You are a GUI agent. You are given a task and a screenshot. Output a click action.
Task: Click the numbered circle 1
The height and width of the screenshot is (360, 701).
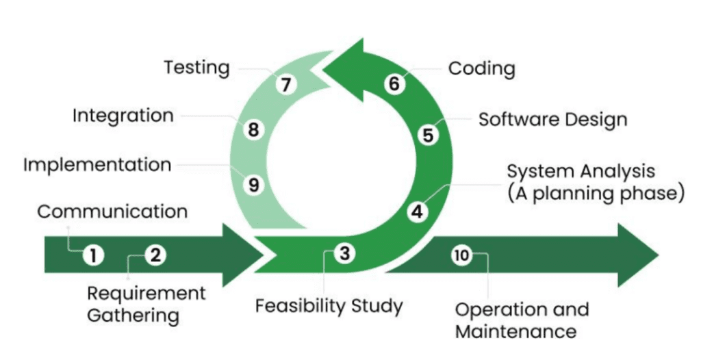[x=93, y=256]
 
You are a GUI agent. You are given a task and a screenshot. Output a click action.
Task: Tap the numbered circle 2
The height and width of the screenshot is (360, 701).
[x=155, y=255]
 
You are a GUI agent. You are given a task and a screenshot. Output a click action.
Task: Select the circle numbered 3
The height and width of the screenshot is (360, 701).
[x=345, y=253]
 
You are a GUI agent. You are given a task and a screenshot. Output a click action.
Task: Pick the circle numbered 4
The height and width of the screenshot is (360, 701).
[x=418, y=211]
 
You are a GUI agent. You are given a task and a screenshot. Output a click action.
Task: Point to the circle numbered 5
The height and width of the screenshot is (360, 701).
[x=428, y=135]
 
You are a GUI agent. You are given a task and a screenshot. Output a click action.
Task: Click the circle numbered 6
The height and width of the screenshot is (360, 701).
[x=394, y=83]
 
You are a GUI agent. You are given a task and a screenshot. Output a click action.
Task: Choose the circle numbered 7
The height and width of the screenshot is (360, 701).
[x=286, y=84]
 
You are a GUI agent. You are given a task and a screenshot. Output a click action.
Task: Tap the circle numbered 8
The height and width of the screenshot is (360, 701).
[x=253, y=130]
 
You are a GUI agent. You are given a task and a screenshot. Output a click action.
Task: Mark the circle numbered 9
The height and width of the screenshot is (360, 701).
[x=253, y=185]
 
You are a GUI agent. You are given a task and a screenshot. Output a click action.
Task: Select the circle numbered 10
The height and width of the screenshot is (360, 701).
[x=461, y=255]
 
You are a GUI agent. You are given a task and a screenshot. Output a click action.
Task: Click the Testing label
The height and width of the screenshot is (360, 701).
[x=196, y=68]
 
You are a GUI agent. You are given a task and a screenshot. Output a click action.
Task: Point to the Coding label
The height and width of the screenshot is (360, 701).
[x=481, y=69]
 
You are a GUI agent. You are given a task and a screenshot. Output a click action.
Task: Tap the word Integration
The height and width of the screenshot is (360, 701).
[x=123, y=116]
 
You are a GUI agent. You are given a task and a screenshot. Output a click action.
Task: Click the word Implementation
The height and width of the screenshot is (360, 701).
[x=97, y=165]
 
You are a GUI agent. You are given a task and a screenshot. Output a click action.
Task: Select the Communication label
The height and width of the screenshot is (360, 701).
[x=112, y=211]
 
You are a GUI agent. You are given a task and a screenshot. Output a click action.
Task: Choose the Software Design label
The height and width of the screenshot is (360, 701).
[x=552, y=119]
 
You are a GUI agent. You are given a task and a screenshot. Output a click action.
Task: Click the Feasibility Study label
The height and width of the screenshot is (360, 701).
[x=329, y=307]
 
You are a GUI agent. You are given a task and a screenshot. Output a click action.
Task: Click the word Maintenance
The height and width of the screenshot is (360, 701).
[x=515, y=332]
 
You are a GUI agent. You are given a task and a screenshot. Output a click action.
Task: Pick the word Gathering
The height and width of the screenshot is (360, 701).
[x=133, y=316]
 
